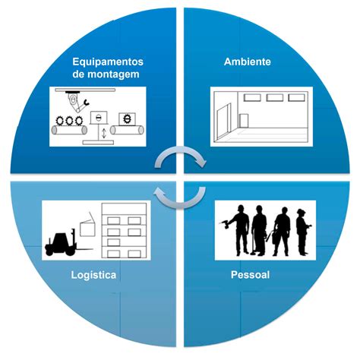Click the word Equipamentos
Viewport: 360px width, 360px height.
[x=108, y=62]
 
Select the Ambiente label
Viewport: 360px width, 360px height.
[x=248, y=62]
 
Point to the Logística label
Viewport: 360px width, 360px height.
[x=93, y=275]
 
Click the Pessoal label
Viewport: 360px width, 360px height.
[x=250, y=275]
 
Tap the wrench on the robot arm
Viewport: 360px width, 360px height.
[x=87, y=103]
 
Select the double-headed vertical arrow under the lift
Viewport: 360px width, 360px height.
[x=104, y=134]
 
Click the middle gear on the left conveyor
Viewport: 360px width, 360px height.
[x=69, y=121]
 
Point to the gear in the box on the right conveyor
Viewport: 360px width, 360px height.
[x=127, y=118]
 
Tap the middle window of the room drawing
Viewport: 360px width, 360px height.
[x=274, y=97]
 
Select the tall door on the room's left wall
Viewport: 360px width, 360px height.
[x=223, y=122]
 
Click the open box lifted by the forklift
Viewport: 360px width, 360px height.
[x=87, y=226]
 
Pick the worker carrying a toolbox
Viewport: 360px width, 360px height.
[x=281, y=231]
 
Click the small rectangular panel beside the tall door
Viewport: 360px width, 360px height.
[x=244, y=121]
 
